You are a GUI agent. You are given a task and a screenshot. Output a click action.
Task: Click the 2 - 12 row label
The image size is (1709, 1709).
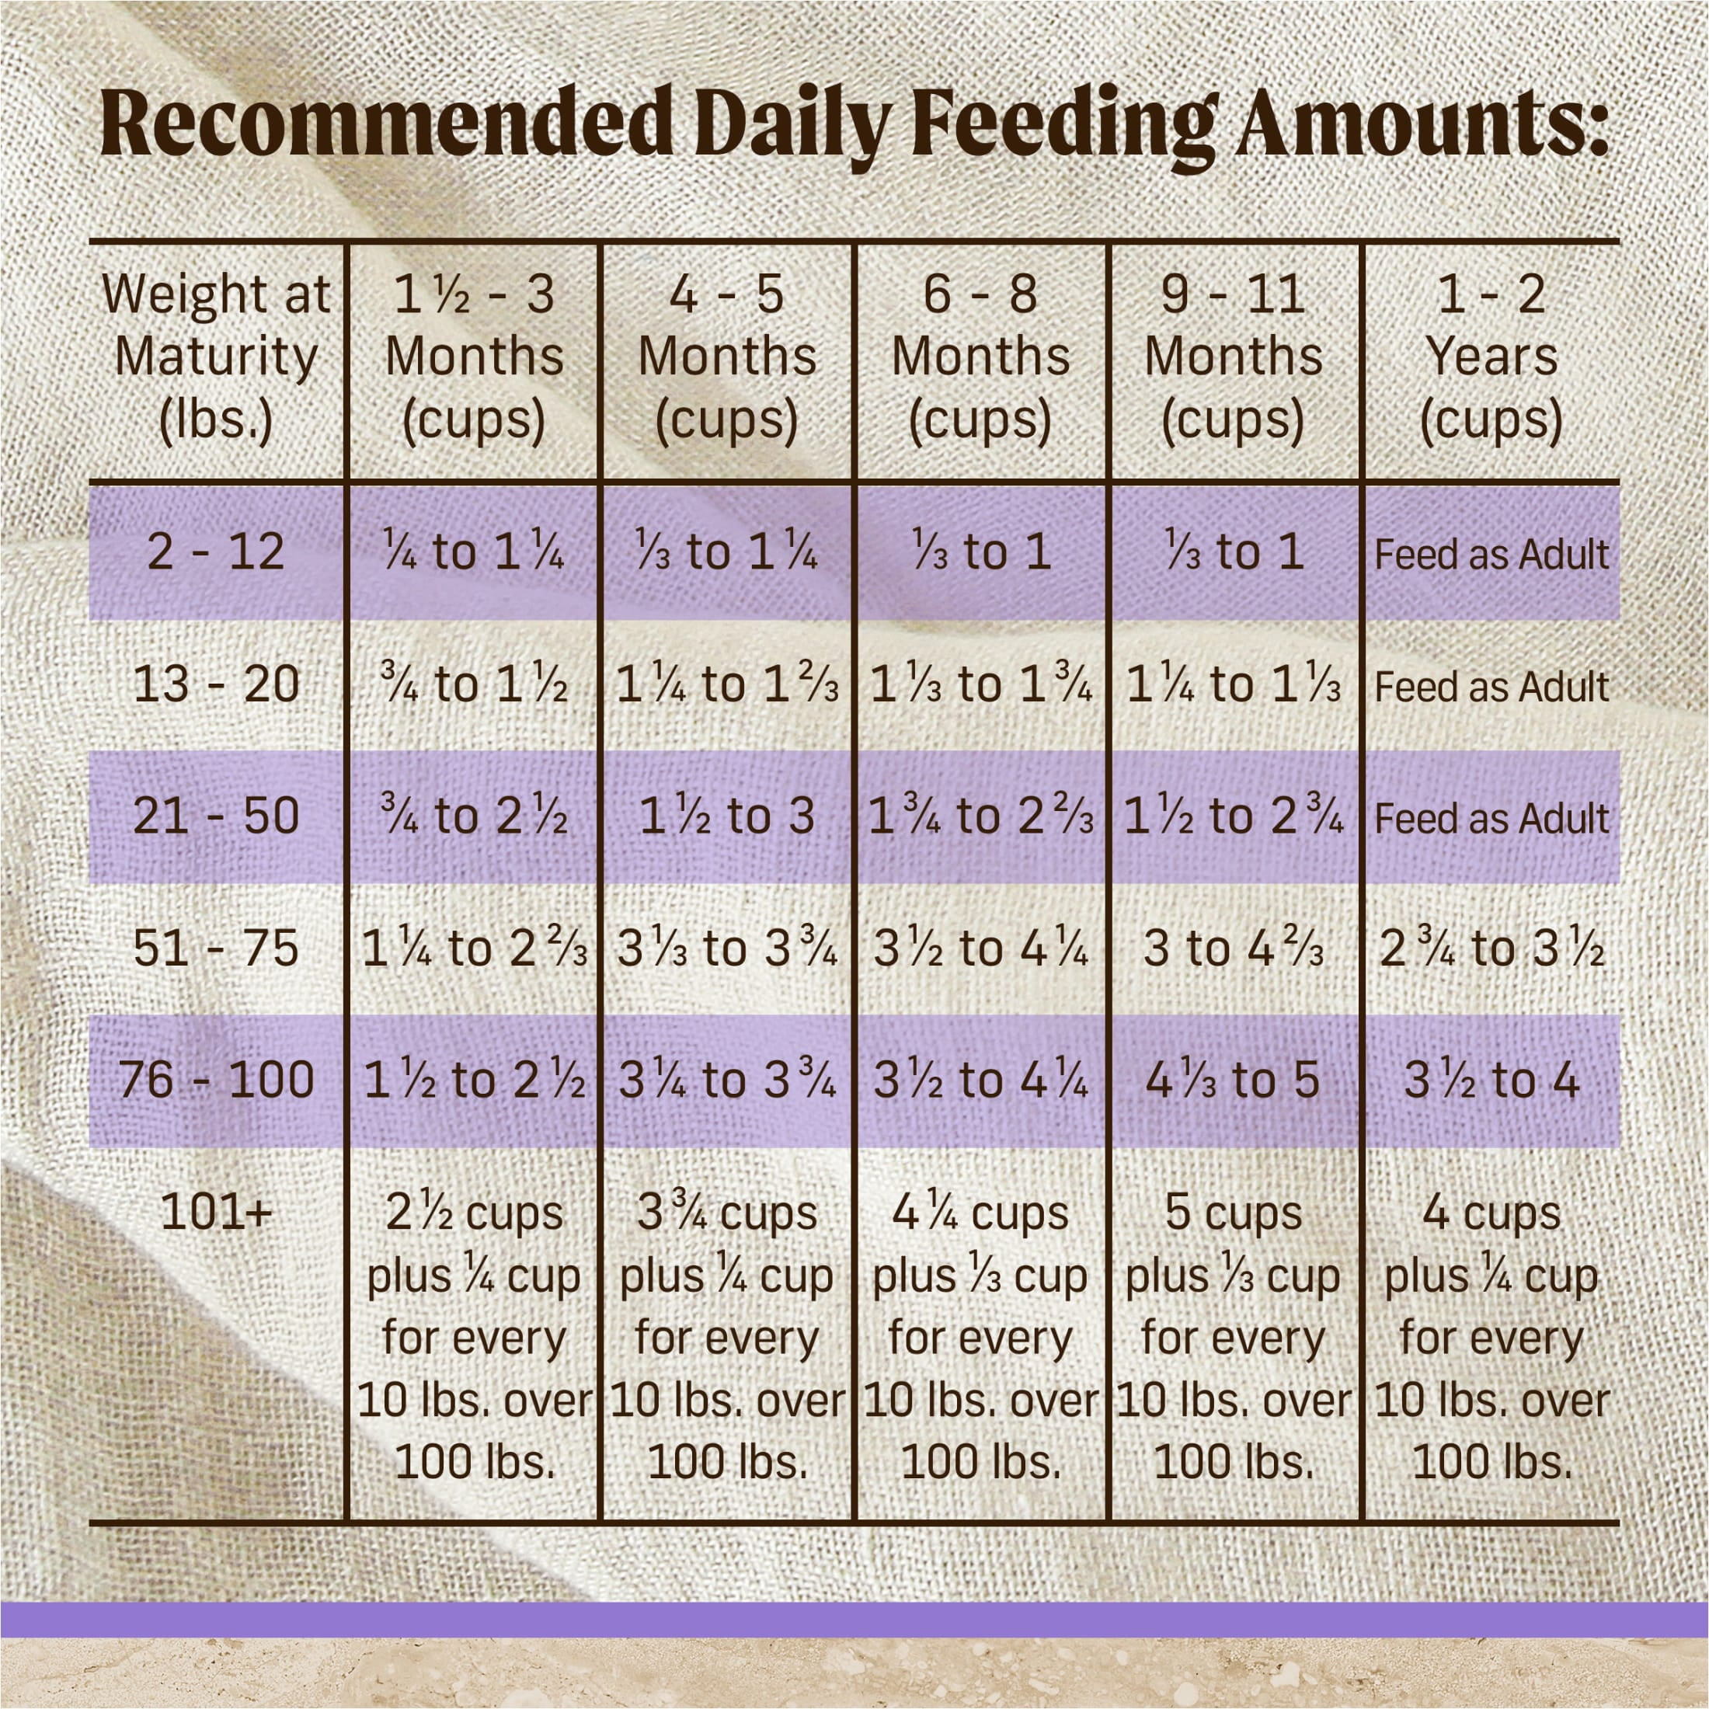point(216,552)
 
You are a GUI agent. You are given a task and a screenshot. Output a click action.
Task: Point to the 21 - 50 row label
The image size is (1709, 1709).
point(216,816)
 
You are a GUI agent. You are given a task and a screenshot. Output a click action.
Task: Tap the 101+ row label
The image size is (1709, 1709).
point(216,1213)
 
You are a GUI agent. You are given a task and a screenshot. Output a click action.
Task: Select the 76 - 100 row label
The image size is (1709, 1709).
point(216,1080)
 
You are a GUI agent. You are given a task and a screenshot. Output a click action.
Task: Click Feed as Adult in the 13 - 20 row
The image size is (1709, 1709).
point(1491,687)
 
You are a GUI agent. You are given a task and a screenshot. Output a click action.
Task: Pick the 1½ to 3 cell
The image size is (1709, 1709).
point(726,816)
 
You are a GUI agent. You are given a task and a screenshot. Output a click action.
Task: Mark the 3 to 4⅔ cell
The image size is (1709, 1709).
point(1233,948)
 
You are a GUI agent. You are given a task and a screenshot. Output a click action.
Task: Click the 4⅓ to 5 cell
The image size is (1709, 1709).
point(1233,1080)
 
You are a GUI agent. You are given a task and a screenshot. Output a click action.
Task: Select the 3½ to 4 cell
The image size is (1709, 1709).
point(1491,1080)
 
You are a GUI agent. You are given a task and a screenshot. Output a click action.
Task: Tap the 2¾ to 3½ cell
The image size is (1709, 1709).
point(1491,948)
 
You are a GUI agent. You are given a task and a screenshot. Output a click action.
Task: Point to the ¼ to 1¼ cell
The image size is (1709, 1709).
point(474,552)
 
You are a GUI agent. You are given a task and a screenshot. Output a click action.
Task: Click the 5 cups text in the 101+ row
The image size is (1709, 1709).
point(1233,1213)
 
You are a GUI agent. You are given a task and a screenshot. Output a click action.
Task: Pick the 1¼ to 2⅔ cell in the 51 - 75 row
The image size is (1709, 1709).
point(474,948)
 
